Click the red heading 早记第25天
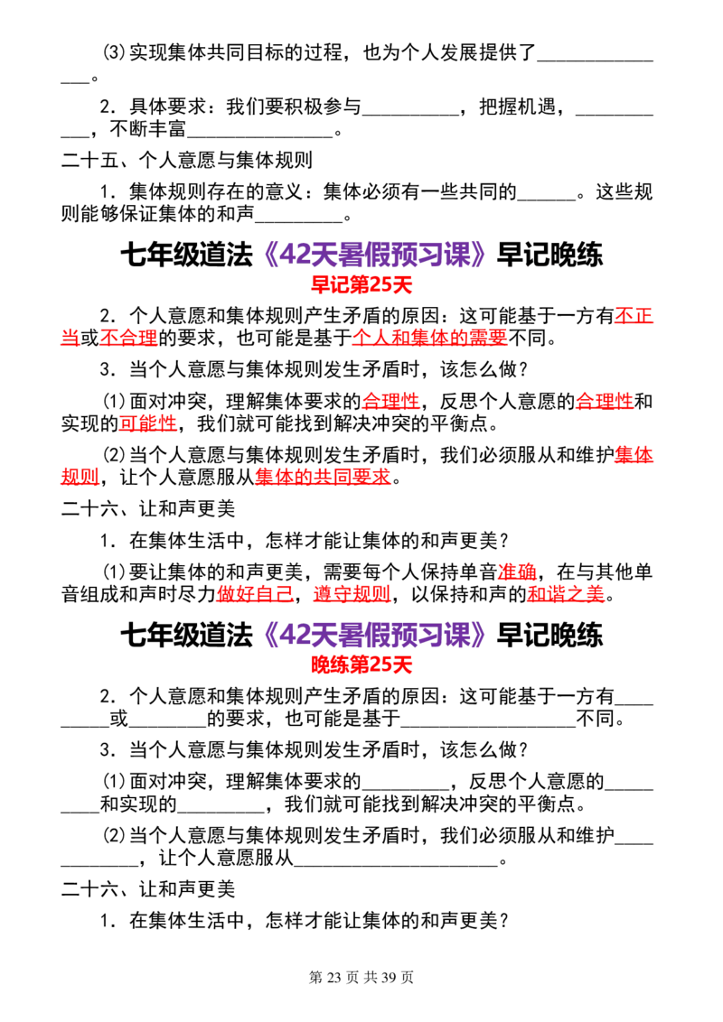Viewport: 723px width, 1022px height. coord(361,284)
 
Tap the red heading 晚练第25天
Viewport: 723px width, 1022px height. coord(361,664)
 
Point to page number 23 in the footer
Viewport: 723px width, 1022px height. coord(333,977)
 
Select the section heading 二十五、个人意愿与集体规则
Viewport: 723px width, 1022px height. coord(187,161)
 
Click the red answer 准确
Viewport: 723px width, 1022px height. coord(517,572)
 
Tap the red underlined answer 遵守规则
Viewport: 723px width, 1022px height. coord(352,594)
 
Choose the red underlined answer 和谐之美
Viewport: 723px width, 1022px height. coord(567,594)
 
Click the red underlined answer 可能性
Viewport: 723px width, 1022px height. coord(148,423)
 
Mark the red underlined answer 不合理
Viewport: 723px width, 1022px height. coord(128,338)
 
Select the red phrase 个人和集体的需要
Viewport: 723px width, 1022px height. coord(430,338)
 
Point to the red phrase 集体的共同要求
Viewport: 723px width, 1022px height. coord(323,477)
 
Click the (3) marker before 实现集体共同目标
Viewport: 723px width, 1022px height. coord(114,52)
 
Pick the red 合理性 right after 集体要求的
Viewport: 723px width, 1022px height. coord(390,401)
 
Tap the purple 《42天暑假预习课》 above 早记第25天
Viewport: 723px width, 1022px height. coord(374,255)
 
